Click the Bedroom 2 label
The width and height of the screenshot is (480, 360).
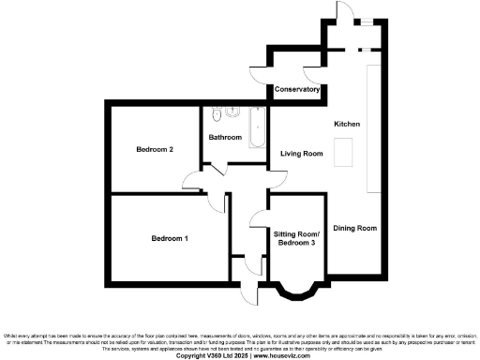155,150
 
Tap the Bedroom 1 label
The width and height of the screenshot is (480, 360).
170,238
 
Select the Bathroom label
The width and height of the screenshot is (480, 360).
225,138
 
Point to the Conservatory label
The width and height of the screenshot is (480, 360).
297,89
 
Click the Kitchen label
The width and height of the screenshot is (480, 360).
347,124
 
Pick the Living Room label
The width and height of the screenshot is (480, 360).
302,154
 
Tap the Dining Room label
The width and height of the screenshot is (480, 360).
355,228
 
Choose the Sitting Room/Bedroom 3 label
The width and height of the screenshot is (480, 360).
297,238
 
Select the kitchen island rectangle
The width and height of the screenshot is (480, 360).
343,151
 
